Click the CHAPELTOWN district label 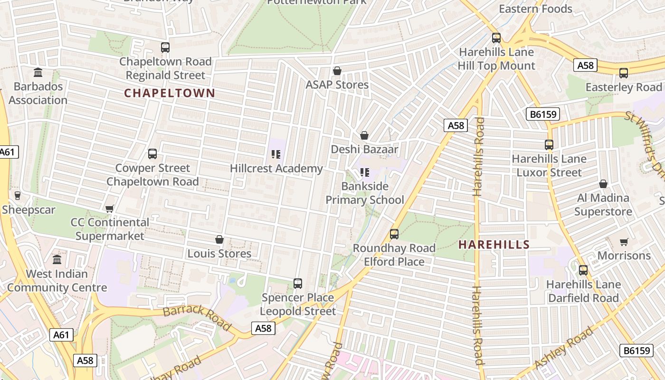tap(170, 93)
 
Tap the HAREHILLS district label tap(494, 245)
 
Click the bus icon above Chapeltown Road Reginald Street tap(165, 47)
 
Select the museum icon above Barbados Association tap(38, 73)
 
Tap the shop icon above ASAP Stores tap(337, 71)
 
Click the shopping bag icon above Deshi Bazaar tap(364, 135)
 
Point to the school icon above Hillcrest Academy tap(276, 154)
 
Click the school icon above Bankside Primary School tap(365, 172)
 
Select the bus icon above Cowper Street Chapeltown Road tap(152, 154)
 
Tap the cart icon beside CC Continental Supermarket tap(110, 209)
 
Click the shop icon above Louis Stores tap(219, 239)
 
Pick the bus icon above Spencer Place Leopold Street tap(298, 284)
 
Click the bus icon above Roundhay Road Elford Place tap(394, 234)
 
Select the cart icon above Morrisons tap(624, 242)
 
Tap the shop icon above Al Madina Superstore tap(603, 184)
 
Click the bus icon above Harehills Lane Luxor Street tap(549, 145)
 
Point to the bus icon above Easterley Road tap(624, 73)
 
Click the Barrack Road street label tap(197, 318)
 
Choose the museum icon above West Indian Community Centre tap(57, 260)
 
